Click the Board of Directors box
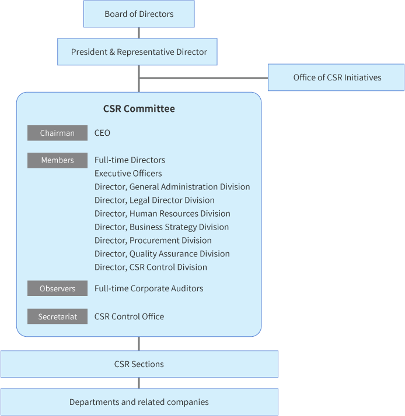[139, 14]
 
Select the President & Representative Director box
[137, 52]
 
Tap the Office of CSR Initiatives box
[336, 77]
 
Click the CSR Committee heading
[139, 108]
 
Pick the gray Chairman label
[57, 133]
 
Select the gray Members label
[57, 160]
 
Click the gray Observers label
[57, 288]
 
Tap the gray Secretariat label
[57, 316]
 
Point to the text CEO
[102, 133]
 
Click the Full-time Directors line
[130, 160]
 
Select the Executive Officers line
[128, 174]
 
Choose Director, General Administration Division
[172, 187]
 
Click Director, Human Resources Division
[162, 214]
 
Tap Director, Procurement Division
[153, 241]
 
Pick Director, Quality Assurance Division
[162, 254]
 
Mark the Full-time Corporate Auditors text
[149, 288]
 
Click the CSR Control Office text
[129, 316]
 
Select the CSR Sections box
[139, 364]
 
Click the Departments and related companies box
[139, 402]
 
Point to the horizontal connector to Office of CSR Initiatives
[204, 78]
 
